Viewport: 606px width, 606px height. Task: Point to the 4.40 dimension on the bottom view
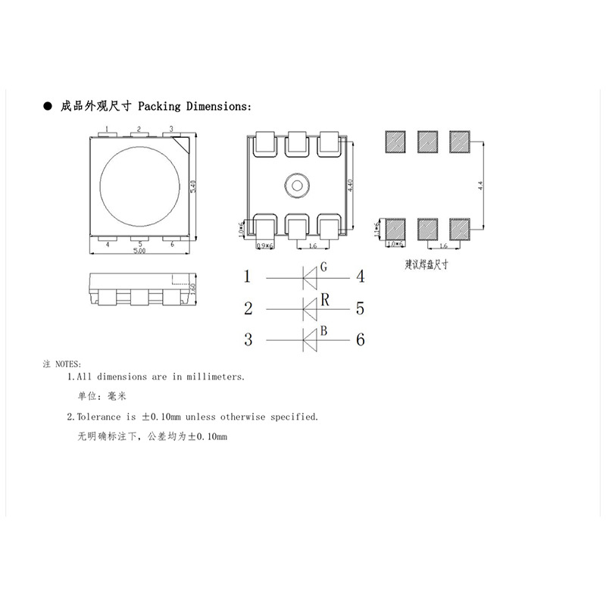coord(350,186)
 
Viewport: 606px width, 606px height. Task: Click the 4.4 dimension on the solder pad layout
coord(480,186)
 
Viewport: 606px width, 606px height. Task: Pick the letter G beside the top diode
coord(323,267)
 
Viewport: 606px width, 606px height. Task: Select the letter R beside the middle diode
coord(324,299)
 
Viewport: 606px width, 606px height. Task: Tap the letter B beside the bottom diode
coord(323,330)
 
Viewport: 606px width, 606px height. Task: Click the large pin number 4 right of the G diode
coord(361,277)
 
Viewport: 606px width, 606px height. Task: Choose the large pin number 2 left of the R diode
coord(248,308)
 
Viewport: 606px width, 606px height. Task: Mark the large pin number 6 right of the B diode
coord(361,340)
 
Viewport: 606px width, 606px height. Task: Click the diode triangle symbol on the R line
coord(310,308)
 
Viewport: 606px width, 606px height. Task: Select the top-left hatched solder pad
coord(395,141)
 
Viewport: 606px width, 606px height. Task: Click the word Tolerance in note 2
coord(99,417)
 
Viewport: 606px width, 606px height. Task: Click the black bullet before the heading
coord(47,106)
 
